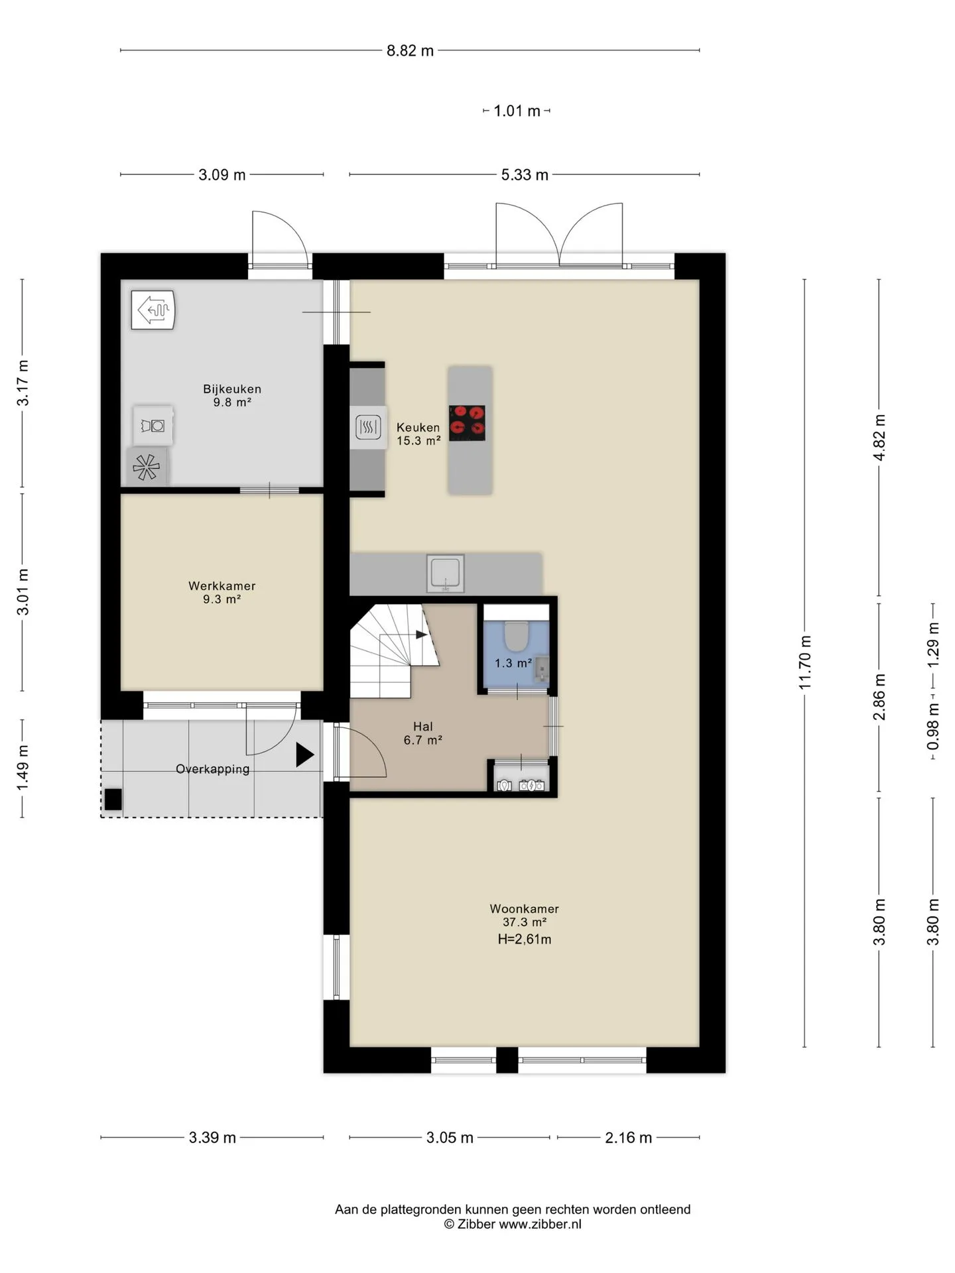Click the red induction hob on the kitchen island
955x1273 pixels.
[x=467, y=423]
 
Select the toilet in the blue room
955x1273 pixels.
[x=515, y=636]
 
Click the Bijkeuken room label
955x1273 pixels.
[x=232, y=389]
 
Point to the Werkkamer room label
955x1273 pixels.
[x=222, y=586]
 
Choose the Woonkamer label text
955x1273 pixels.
[x=524, y=909]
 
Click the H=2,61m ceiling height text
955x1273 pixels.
[x=525, y=939]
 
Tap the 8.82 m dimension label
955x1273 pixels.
[x=410, y=50]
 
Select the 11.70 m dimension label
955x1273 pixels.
[x=805, y=662]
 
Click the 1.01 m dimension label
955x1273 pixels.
[x=517, y=111]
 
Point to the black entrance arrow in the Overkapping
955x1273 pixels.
[x=304, y=755]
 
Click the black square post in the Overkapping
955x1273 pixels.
[x=113, y=799]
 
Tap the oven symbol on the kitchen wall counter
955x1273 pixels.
[x=368, y=427]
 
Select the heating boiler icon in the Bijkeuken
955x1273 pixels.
[x=153, y=310]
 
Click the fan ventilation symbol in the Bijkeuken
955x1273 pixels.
[x=147, y=467]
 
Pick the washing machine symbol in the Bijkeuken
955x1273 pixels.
[x=153, y=425]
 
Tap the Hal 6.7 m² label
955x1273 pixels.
[x=422, y=733]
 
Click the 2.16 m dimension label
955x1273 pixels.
[x=628, y=1138]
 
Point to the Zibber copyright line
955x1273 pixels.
[x=513, y=1224]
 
